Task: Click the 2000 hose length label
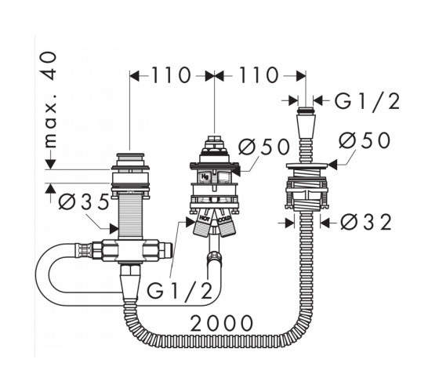pyautogui.click(x=222, y=323)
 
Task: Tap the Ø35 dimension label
pyautogui.click(x=83, y=201)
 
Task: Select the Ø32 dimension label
pyautogui.click(x=366, y=223)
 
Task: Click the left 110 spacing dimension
pyautogui.click(x=171, y=75)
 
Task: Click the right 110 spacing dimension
pyautogui.click(x=259, y=75)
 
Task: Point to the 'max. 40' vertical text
pyautogui.click(x=50, y=100)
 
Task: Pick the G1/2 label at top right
pyautogui.click(x=368, y=101)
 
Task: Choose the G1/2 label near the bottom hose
pyautogui.click(x=180, y=291)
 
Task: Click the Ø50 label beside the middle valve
pyautogui.click(x=263, y=147)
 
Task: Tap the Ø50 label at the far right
pyautogui.click(x=365, y=140)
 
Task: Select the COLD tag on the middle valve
pyautogui.click(x=224, y=220)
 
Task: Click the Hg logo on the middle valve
pyautogui.click(x=205, y=176)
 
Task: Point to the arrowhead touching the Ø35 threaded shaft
pyautogui.click(x=114, y=228)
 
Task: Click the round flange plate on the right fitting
pyautogui.click(x=307, y=165)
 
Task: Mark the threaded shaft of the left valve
pyautogui.click(x=131, y=216)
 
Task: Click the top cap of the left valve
pyautogui.click(x=130, y=154)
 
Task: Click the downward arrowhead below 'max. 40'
pyautogui.click(x=51, y=164)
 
